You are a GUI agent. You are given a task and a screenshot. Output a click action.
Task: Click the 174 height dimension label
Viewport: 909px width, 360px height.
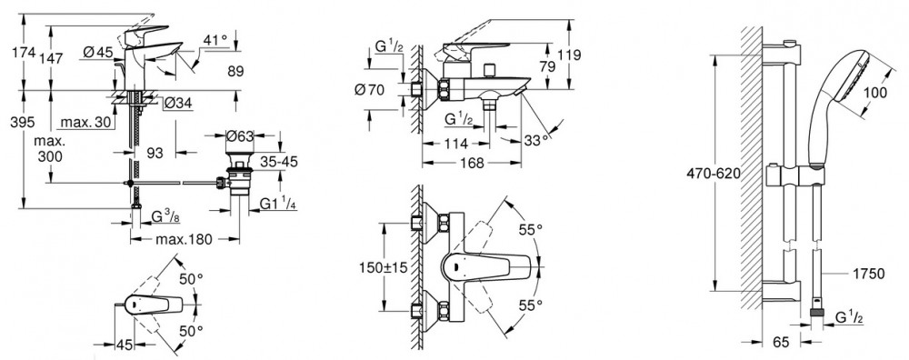click(24, 53)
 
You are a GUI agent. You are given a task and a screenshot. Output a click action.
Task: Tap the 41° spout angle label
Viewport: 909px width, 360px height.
click(215, 41)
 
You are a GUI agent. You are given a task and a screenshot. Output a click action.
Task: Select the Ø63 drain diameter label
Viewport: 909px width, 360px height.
click(240, 136)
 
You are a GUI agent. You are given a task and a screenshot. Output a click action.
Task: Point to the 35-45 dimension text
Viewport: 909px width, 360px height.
click(278, 162)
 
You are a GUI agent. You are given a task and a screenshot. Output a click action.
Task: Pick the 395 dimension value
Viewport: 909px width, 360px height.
click(22, 123)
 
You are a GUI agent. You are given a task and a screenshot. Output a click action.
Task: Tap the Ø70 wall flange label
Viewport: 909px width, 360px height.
click(370, 90)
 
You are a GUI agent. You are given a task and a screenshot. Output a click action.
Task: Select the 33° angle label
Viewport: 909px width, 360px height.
click(537, 141)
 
